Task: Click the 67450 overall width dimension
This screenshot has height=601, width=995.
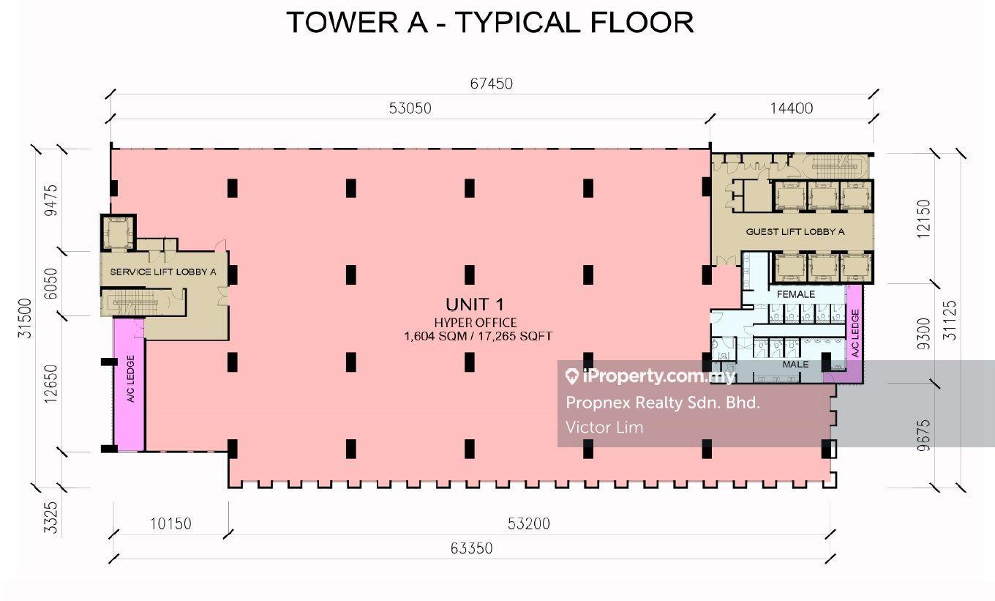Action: click(x=492, y=83)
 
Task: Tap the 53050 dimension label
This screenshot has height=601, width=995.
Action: click(x=410, y=108)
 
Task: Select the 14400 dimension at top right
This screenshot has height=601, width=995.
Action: click(x=791, y=108)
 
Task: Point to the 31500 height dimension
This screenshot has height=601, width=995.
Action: click(x=25, y=318)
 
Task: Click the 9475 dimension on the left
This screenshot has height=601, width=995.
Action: click(x=51, y=200)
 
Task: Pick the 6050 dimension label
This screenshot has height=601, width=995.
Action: click(x=51, y=283)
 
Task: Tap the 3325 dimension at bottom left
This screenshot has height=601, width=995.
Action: click(x=51, y=518)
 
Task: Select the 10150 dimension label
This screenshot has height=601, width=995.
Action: click(x=170, y=523)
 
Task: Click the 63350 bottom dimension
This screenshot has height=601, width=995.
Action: click(x=471, y=548)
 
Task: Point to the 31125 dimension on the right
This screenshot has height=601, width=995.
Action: click(x=949, y=321)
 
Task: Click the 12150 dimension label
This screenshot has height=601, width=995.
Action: click(x=923, y=219)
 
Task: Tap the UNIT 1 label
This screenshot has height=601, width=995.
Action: click(x=475, y=305)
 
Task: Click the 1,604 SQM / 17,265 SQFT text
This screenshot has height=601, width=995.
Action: click(x=478, y=336)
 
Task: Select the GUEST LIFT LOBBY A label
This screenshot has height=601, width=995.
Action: click(x=795, y=231)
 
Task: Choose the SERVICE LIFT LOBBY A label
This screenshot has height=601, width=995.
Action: click(x=163, y=272)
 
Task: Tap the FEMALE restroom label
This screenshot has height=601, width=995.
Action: click(x=795, y=294)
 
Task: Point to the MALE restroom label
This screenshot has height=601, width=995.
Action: click(x=795, y=365)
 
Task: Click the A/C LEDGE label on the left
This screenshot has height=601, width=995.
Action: click(x=130, y=378)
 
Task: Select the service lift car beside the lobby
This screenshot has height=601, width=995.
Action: click(x=118, y=233)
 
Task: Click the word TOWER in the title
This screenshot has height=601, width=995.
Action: click(x=342, y=22)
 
